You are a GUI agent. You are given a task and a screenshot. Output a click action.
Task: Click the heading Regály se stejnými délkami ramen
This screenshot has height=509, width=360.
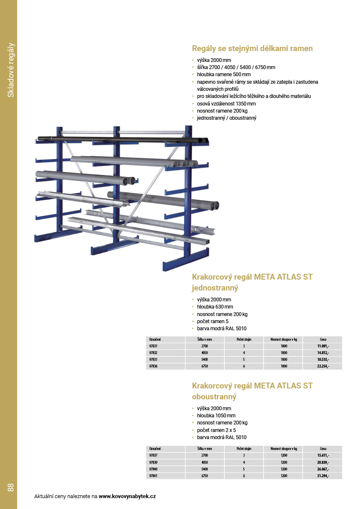(x=252, y=49)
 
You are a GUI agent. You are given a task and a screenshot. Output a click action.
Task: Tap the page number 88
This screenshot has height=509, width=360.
(x=10, y=487)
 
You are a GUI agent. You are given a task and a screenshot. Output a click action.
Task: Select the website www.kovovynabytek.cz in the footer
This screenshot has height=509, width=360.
(x=127, y=496)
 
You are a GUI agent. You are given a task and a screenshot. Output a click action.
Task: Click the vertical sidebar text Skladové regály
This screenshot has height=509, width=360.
(x=11, y=70)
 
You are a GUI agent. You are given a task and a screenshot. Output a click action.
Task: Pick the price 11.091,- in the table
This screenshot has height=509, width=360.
(x=323, y=347)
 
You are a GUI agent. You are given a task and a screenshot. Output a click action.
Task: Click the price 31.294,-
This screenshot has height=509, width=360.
(x=323, y=476)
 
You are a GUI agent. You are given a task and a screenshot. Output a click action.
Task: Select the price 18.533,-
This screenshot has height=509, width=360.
(x=323, y=360)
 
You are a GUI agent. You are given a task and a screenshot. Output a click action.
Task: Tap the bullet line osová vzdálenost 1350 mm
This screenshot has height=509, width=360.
(x=226, y=103)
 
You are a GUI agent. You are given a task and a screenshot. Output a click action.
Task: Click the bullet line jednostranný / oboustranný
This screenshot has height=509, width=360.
(x=226, y=118)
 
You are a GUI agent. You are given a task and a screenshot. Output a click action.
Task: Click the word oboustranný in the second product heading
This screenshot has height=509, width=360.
(x=214, y=396)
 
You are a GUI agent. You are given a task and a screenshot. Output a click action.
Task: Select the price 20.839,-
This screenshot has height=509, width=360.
(x=323, y=462)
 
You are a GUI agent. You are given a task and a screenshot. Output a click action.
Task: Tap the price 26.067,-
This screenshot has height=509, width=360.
(x=323, y=469)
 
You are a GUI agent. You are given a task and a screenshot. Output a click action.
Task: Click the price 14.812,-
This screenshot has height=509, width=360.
(x=323, y=353)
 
